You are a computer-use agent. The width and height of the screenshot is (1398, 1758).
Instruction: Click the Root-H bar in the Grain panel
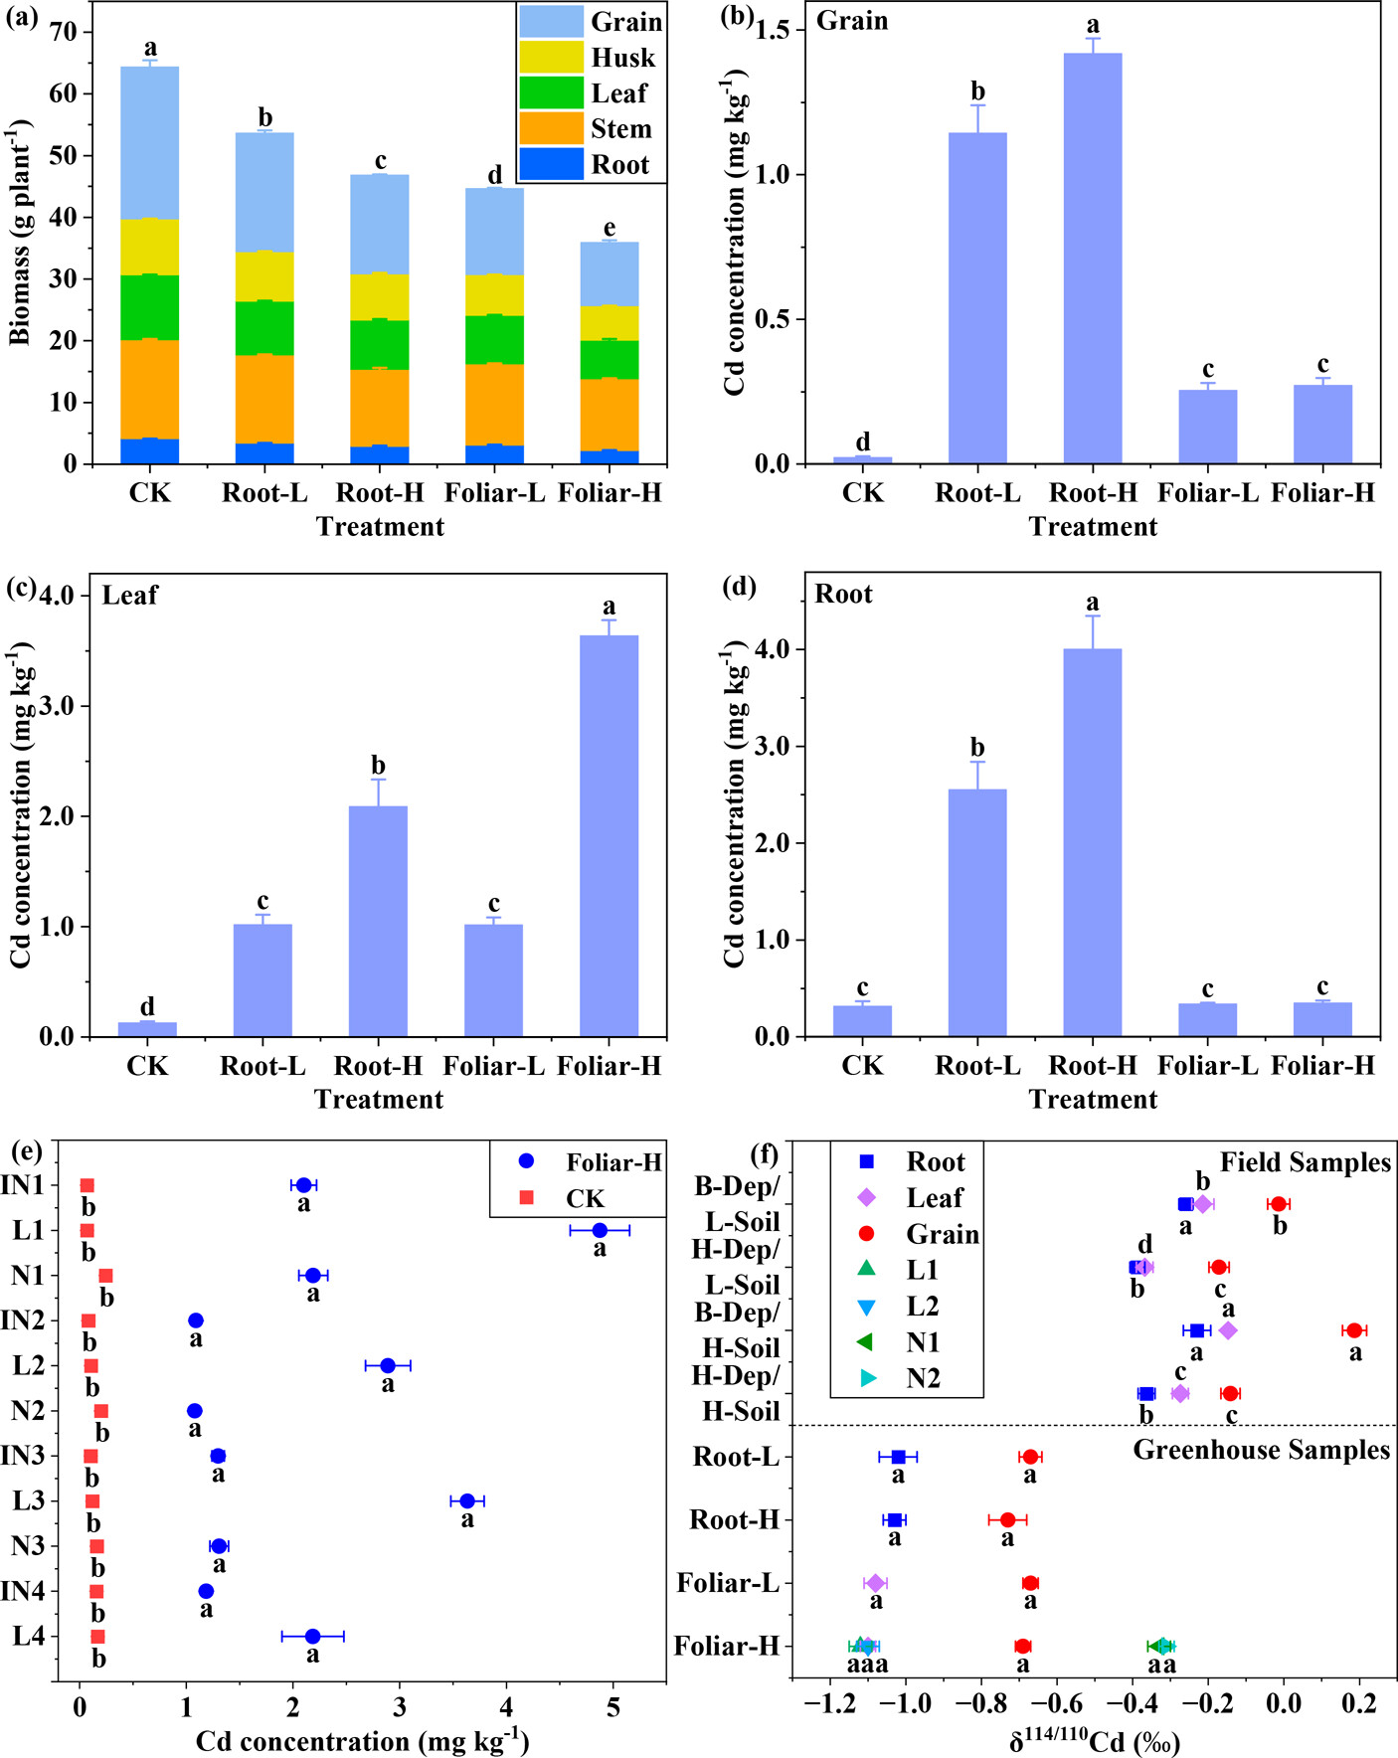1093,259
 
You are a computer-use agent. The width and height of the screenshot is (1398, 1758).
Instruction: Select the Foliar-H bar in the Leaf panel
609,835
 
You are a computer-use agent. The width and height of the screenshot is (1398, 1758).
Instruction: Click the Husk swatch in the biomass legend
551,57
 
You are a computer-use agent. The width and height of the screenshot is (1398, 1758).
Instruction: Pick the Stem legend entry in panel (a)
620,129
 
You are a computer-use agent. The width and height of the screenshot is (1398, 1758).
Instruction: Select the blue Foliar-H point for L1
600,1230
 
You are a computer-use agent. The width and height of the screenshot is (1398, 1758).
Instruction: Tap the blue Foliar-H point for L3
467,1500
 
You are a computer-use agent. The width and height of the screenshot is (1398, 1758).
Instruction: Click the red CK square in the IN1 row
87,1185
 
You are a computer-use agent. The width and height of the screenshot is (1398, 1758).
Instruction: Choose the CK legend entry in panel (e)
585,1198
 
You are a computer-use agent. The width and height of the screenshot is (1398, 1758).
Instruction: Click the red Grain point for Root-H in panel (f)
1007,1519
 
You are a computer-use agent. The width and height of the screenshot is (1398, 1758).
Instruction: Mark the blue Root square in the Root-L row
898,1457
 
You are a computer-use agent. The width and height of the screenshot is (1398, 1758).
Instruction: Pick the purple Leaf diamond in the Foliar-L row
875,1583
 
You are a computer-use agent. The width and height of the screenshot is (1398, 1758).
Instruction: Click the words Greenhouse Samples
1261,1450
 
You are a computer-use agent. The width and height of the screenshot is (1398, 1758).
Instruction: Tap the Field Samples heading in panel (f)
1305,1162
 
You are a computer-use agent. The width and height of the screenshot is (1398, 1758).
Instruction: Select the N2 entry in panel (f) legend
922,1378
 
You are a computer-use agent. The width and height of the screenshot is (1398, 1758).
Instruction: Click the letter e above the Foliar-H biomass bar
610,229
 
